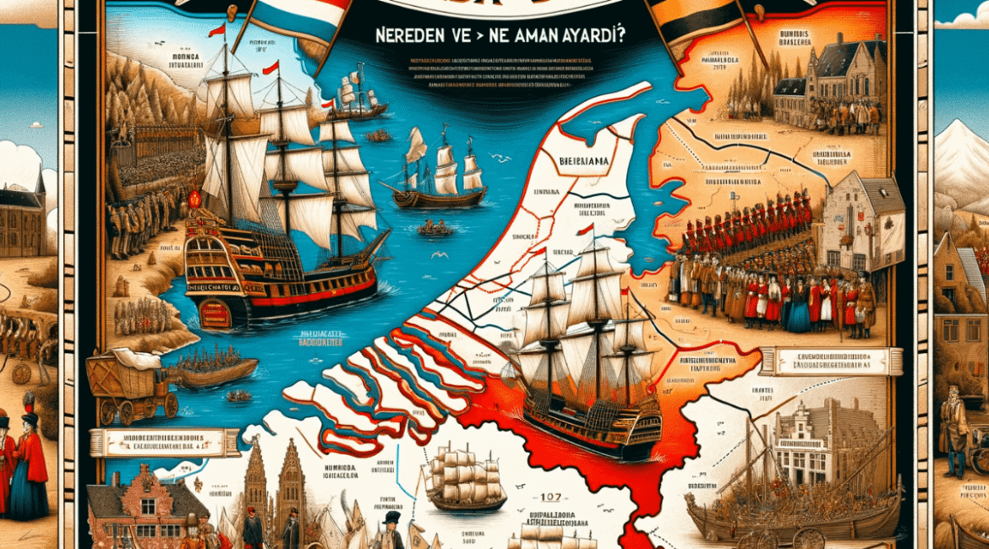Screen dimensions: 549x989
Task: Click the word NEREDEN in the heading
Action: [x=398, y=37]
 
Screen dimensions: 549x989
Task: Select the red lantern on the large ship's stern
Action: [x=194, y=200]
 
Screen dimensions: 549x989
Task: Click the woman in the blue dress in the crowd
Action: [x=799, y=313]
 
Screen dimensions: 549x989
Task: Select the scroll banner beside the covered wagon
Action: [x=165, y=442]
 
